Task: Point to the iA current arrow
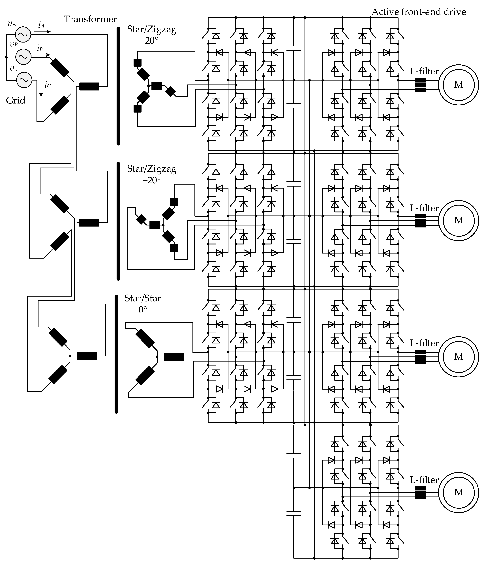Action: (x=42, y=32)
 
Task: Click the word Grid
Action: (x=16, y=100)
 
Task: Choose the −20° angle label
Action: (x=151, y=180)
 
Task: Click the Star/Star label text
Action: (x=143, y=298)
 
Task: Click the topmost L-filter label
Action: (x=424, y=71)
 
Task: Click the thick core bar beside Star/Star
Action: (x=116, y=354)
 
